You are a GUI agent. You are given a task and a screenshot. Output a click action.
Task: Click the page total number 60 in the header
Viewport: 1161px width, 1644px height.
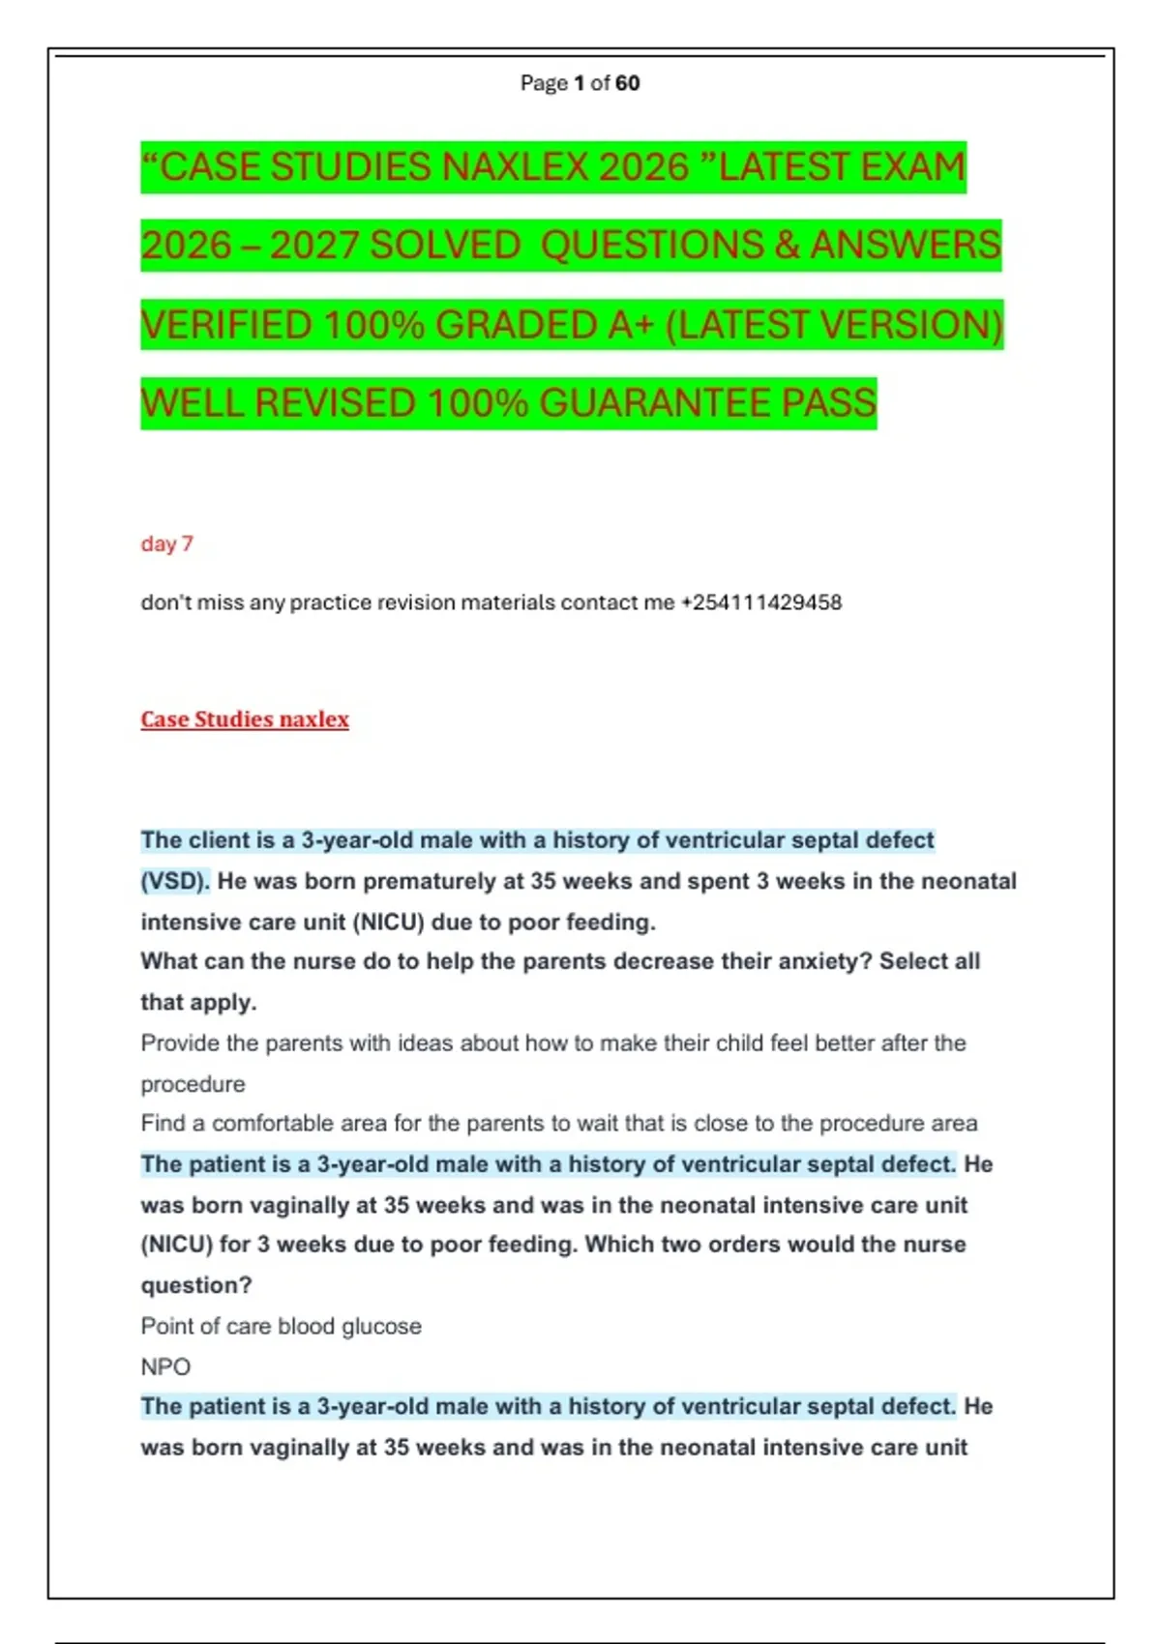click(627, 83)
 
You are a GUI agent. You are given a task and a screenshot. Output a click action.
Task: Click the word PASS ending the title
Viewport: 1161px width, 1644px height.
click(828, 403)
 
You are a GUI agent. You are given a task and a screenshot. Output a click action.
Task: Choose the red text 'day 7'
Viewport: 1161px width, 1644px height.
click(166, 543)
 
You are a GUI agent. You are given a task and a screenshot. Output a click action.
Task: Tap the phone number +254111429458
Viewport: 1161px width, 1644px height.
click(761, 602)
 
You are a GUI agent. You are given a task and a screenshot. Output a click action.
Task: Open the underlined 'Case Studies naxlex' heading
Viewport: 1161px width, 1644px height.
click(245, 719)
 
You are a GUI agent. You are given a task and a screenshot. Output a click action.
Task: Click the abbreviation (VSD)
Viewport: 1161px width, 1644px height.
click(175, 881)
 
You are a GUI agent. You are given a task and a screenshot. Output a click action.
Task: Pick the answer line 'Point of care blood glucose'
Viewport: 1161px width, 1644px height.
click(281, 1326)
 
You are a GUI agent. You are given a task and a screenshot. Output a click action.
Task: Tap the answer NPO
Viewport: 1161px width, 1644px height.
click(165, 1366)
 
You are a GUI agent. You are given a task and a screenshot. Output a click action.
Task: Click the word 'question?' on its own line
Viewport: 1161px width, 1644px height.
click(196, 1285)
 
